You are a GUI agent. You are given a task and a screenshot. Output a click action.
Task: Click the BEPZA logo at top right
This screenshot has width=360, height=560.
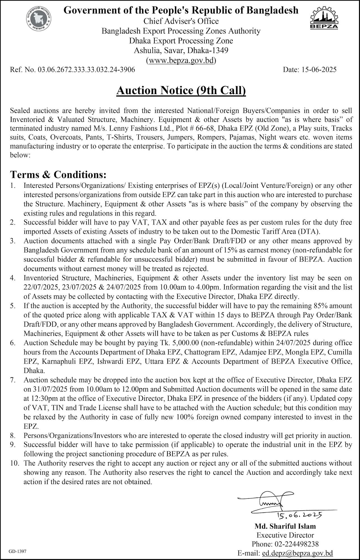(324, 18)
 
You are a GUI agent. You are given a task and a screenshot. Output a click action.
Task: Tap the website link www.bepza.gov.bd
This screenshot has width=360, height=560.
(181, 60)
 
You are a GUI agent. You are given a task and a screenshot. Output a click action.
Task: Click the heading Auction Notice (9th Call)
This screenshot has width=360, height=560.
(181, 90)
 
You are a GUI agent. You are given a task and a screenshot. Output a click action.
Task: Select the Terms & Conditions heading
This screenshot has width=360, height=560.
(58, 174)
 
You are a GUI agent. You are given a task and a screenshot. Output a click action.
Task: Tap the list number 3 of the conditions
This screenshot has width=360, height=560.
(13, 241)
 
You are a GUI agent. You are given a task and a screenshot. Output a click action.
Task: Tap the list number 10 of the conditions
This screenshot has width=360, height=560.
(14, 463)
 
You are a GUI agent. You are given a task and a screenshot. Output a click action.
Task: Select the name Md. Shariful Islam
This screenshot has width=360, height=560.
(285, 526)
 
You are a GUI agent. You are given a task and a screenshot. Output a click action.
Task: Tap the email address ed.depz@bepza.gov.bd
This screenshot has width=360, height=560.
(297, 553)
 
